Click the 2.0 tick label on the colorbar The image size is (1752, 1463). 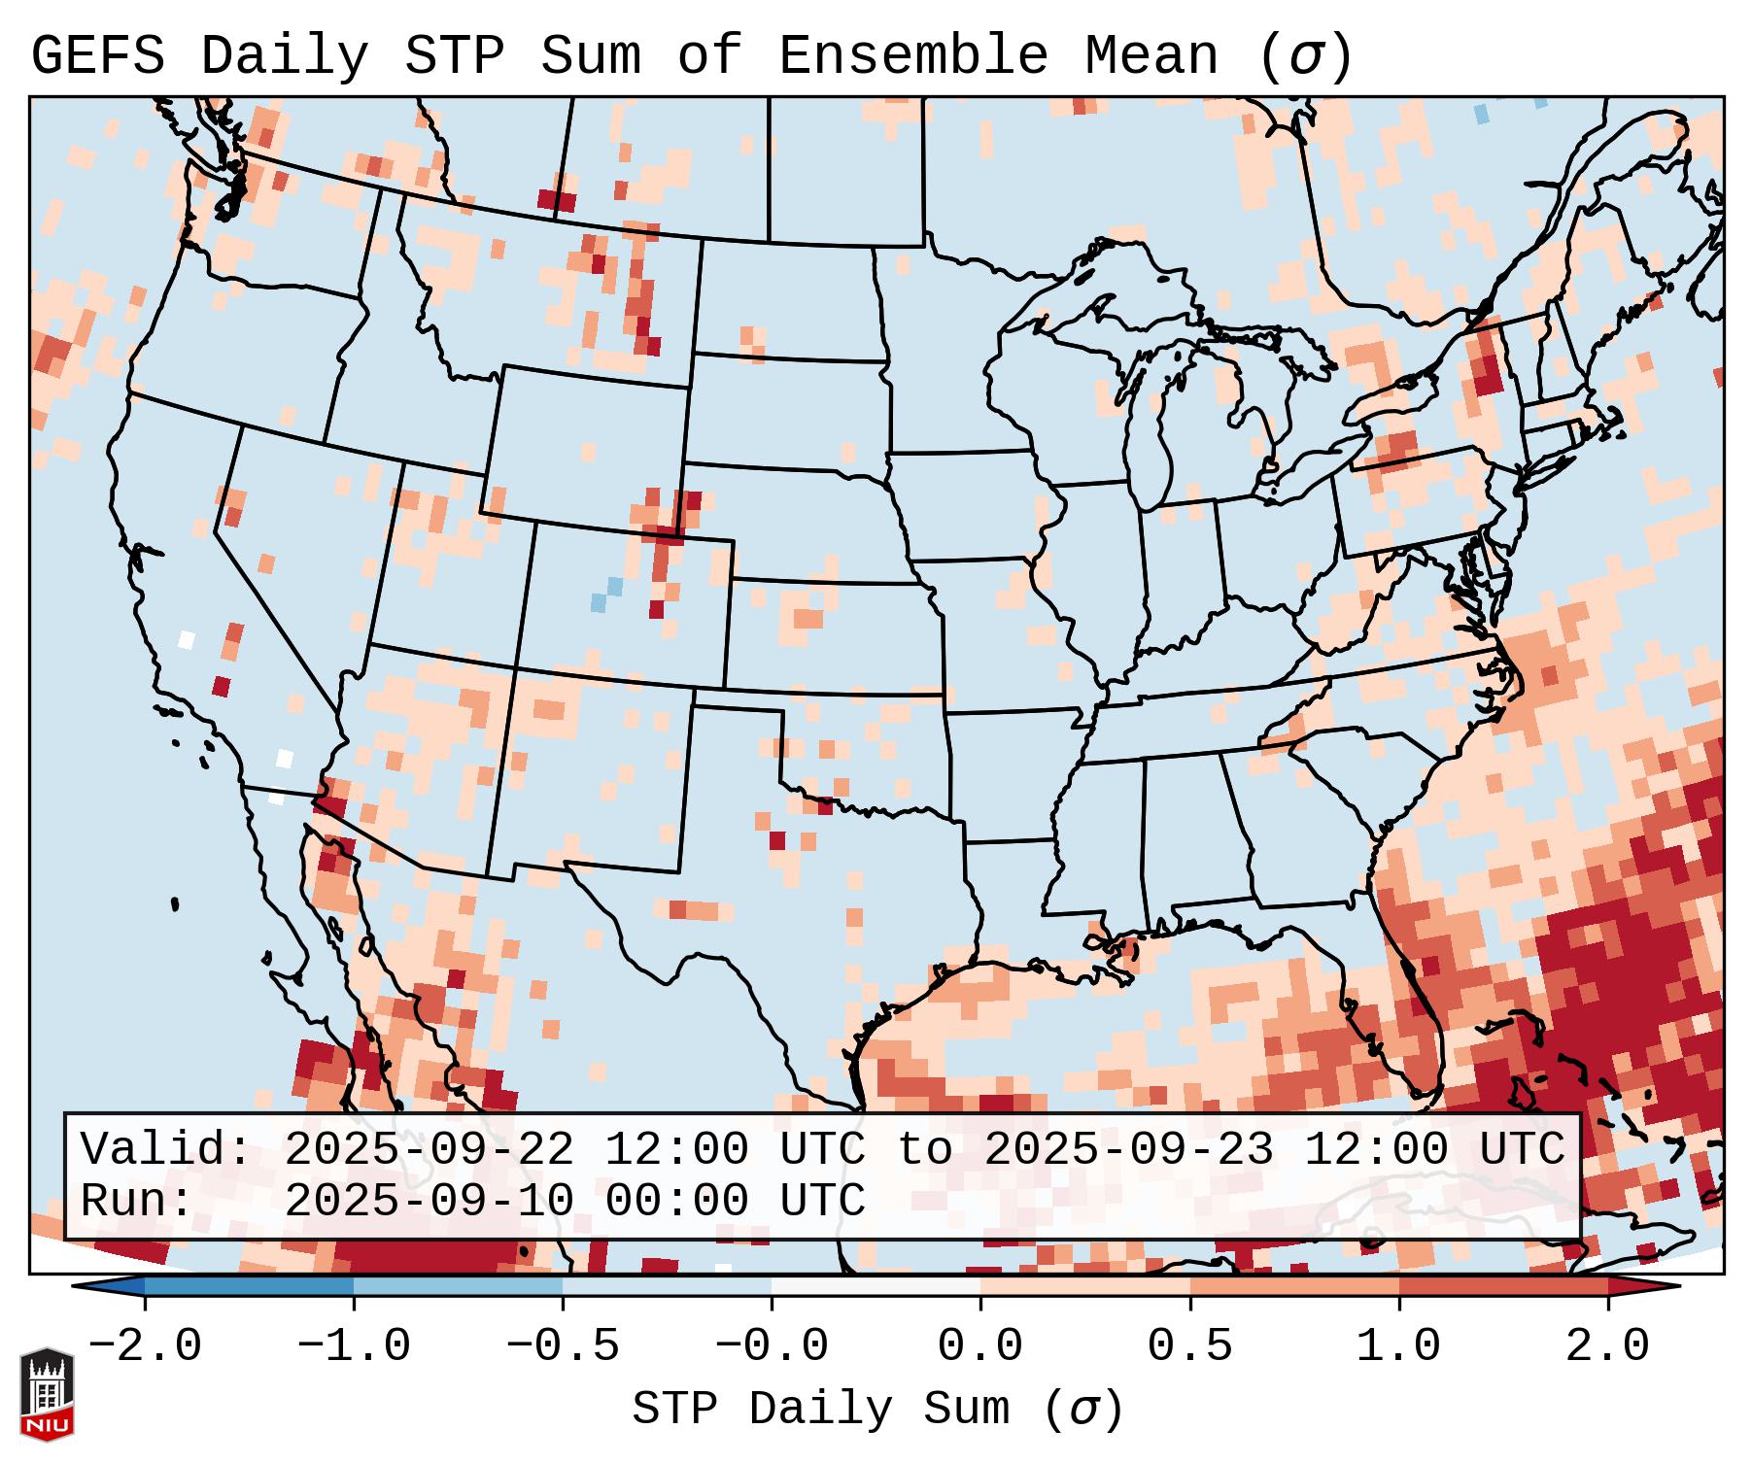[1607, 1346]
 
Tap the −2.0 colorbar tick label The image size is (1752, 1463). [145, 1346]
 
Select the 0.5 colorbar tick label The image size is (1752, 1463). [1189, 1346]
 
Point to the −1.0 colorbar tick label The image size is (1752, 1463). [354, 1346]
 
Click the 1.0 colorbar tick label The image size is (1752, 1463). [1398, 1346]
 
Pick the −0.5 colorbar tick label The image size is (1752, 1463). [563, 1346]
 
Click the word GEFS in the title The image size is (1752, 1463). [97, 55]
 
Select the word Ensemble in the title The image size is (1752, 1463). [913, 55]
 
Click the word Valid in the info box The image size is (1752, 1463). [165, 1149]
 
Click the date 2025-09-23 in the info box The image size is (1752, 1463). [1128, 1149]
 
